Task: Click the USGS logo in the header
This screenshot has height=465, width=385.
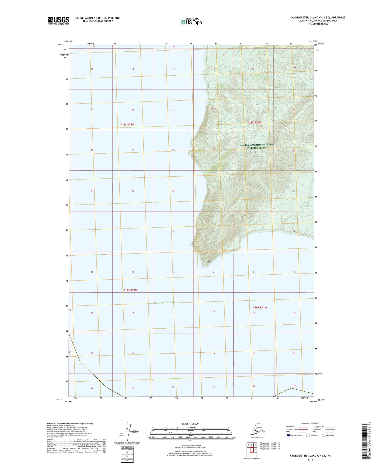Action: point(58,21)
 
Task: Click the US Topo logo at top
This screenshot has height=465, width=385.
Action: point(191,22)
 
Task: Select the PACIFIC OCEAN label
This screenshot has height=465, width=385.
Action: point(164,302)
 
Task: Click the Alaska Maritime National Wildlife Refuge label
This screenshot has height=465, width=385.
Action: point(257,146)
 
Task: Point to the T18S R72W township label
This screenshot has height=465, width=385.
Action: point(127,124)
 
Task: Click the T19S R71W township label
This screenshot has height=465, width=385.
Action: point(260,307)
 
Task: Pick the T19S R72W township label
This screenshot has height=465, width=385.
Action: point(131,290)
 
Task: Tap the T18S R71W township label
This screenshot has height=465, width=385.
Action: point(254,123)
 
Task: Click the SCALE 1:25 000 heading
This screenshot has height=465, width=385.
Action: point(190,423)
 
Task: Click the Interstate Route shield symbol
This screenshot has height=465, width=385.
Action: point(289,435)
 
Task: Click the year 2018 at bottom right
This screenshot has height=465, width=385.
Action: point(310,459)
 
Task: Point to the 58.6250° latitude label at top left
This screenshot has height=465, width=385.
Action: point(61,45)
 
